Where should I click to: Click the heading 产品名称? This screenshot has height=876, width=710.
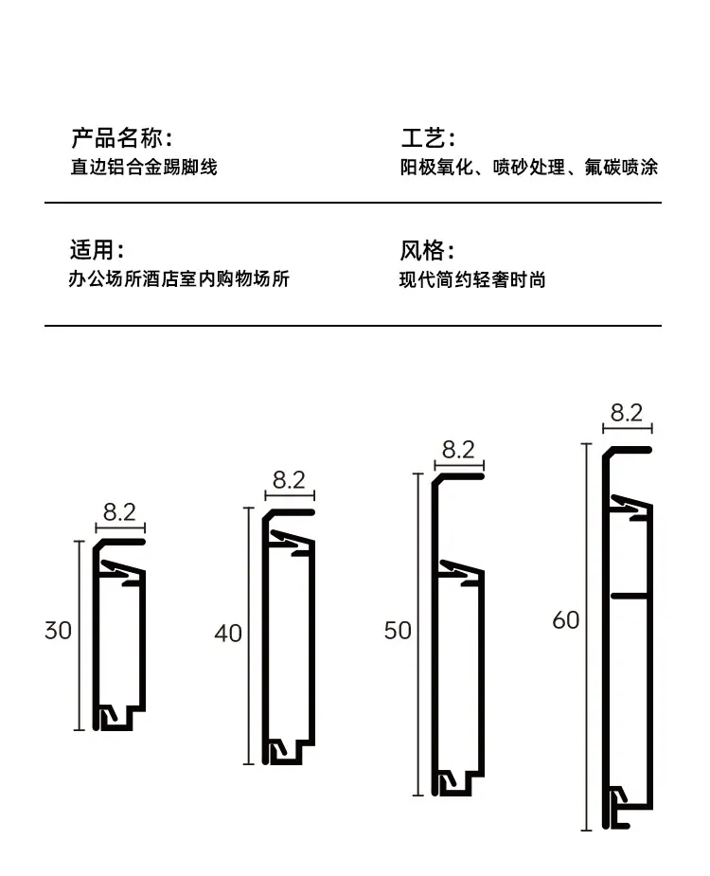click(x=121, y=138)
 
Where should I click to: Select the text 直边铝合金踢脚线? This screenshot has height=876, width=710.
click(x=144, y=167)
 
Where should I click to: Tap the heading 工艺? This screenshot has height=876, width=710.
click(x=428, y=138)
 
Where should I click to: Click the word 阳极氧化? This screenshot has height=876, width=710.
click(x=436, y=167)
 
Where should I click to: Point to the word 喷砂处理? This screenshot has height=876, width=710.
click(x=529, y=167)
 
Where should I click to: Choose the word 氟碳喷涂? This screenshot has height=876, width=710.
click(x=621, y=167)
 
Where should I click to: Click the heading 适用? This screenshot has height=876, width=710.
click(x=97, y=250)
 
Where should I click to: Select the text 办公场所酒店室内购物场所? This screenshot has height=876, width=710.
click(x=179, y=278)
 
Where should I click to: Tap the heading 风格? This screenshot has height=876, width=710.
click(x=427, y=250)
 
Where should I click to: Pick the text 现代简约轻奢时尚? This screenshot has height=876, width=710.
click(x=472, y=279)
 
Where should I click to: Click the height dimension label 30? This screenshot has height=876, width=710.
click(x=58, y=631)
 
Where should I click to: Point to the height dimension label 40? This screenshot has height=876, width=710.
click(x=228, y=634)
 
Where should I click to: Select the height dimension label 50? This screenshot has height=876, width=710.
click(x=398, y=631)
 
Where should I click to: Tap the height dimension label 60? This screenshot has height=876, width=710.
click(x=566, y=620)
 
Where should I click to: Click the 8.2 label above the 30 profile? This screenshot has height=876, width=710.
click(x=119, y=511)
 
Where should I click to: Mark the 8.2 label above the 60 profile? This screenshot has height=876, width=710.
click(x=627, y=413)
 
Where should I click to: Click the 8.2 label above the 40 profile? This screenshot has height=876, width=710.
click(x=290, y=480)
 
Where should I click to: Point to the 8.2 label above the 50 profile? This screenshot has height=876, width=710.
click(x=458, y=449)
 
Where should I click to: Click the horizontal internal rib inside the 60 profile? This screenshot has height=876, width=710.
click(x=630, y=596)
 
